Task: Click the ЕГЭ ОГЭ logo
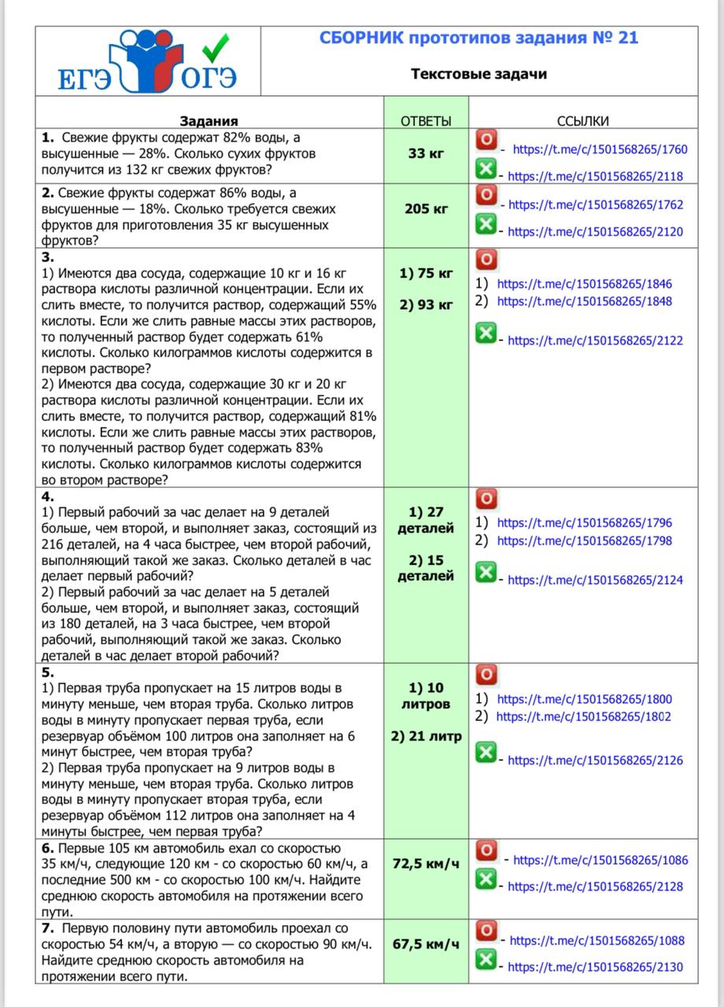tap(147, 62)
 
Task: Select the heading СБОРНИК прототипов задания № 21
tap(478, 38)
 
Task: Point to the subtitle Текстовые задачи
tap(478, 74)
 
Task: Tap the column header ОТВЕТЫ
tap(426, 121)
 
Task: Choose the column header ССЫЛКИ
tap(582, 121)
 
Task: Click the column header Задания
tap(209, 121)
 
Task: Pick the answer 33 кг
tap(426, 153)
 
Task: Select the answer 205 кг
tap(426, 208)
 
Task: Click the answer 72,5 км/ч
tap(426, 864)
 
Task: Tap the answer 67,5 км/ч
tap(426, 944)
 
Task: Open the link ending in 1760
tap(600, 149)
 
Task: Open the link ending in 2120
tap(595, 231)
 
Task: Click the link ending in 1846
tap(585, 284)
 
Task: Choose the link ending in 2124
tap(595, 580)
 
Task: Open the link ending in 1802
tap(584, 717)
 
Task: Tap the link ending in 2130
tap(595, 967)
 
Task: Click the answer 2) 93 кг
tap(426, 304)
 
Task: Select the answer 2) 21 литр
tap(426, 736)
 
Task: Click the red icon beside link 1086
tap(487, 850)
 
